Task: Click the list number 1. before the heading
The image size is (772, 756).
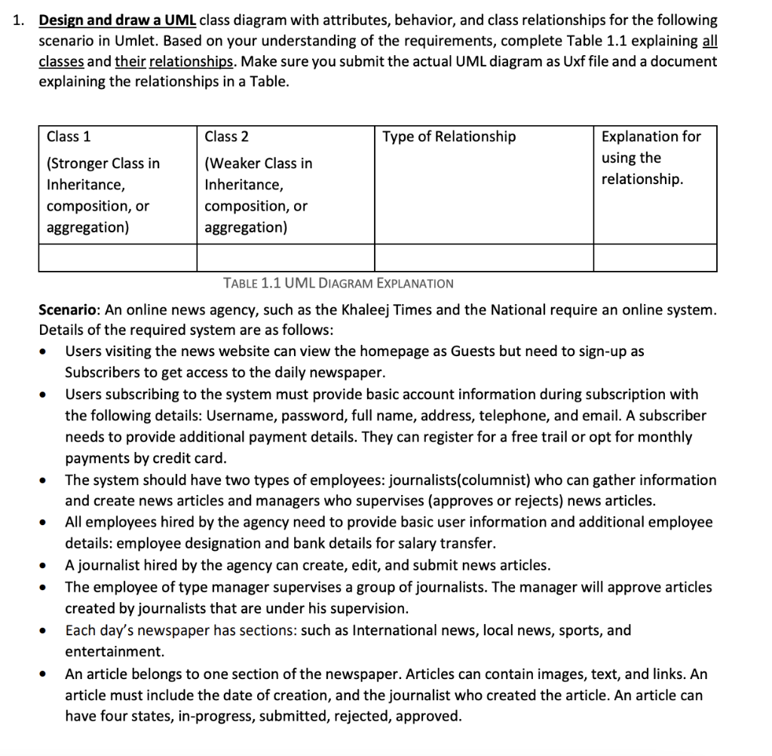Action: click(19, 20)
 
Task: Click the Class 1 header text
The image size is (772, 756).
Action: click(69, 137)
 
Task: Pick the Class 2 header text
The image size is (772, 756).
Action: click(227, 137)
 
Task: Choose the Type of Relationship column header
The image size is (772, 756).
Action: click(449, 137)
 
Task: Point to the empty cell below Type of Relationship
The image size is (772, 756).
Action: click(483, 258)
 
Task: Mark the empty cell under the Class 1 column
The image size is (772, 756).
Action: click(118, 258)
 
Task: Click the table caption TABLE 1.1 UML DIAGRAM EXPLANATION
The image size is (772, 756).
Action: click(339, 284)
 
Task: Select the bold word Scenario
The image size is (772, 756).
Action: click(69, 310)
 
